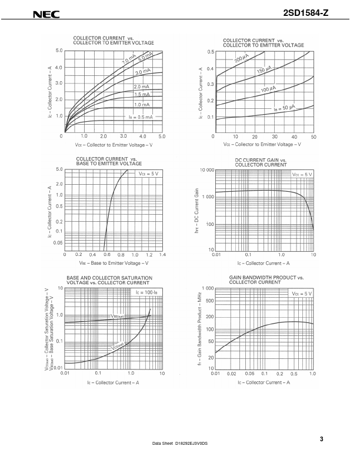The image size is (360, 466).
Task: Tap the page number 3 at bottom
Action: pos(322,438)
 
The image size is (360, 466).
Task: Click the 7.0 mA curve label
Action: pos(129,60)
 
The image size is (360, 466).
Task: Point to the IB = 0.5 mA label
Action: pos(141,118)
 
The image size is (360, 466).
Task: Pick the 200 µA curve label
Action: pos(242,59)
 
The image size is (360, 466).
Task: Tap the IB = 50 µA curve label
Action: pos(284,108)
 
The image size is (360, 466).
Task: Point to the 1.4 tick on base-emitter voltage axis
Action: pos(162,255)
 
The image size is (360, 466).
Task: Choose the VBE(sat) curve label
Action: pos(117,316)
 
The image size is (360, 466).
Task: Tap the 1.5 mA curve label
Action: pos(142,95)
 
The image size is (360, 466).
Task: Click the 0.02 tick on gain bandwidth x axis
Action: pos(232,374)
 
